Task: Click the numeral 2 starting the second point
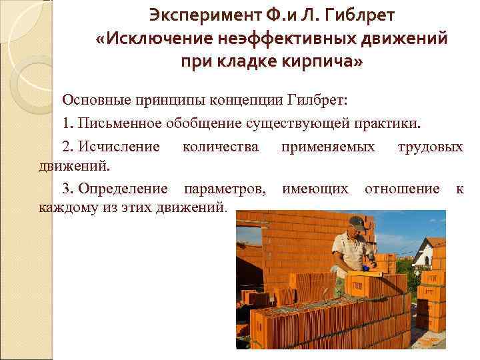pyautogui.click(x=66, y=147)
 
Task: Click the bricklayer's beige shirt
pyautogui.click(x=347, y=250)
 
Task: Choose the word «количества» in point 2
pyautogui.click(x=221, y=147)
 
